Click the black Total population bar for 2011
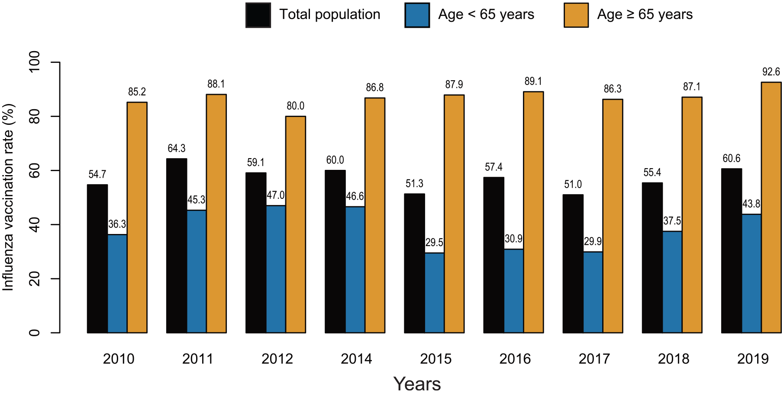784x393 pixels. tap(177, 246)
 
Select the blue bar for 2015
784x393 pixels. tap(435, 293)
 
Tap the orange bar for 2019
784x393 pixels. tap(771, 208)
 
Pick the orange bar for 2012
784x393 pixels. tap(296, 224)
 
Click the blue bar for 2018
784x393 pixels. tap(672, 282)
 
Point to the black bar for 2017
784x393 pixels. tap(573, 264)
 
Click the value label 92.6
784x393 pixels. tap(771, 72)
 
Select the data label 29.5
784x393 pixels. tap(434, 243)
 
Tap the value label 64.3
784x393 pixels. tap(177, 149)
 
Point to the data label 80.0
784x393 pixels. tap(296, 106)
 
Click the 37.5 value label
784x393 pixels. tap(672, 221)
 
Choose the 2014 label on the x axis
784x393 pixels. tap(356, 359)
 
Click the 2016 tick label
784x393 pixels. tap(515, 359)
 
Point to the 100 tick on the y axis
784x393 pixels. tap(34, 62)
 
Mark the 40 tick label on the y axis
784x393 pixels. tap(34, 224)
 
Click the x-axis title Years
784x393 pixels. tap(417, 384)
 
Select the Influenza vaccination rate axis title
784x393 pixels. tap(8, 197)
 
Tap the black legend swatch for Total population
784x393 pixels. tap(258, 15)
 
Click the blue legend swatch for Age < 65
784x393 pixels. tap(417, 15)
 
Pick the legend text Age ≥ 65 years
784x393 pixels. tap(645, 15)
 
